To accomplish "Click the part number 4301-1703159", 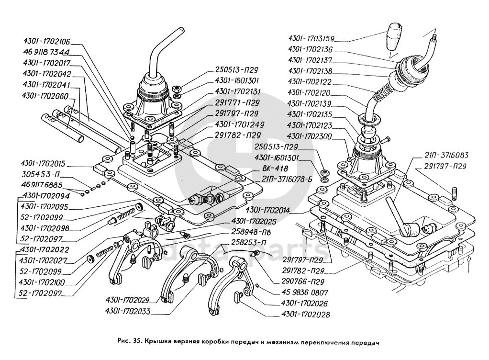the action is pyautogui.click(x=311, y=39).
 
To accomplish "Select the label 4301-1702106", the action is pyautogui.click(x=46, y=41).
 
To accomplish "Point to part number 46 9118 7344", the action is pyautogui.click(x=46, y=52).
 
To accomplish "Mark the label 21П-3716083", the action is pyautogui.click(x=446, y=155).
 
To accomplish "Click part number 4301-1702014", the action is pyautogui.click(x=267, y=210).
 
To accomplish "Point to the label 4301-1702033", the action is pyautogui.click(x=128, y=311).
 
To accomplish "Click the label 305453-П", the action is pyautogui.click(x=40, y=174).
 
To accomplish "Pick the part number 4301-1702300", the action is pyautogui.click(x=310, y=136).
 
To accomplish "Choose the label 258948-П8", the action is pyautogui.click(x=251, y=232).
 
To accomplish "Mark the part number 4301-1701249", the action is pyautogui.click(x=240, y=124).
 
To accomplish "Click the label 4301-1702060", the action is pyautogui.click(x=45, y=96).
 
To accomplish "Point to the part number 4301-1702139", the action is pyautogui.click(x=310, y=103).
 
